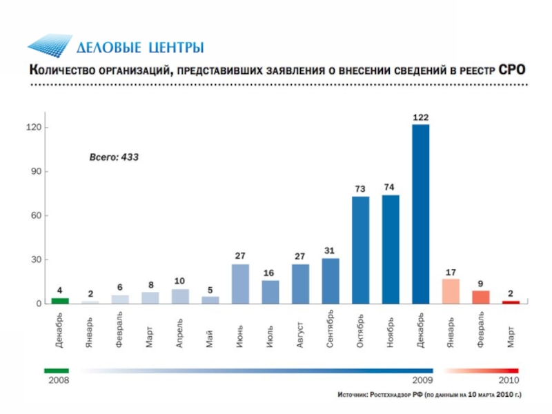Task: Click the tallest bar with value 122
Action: click(x=421, y=214)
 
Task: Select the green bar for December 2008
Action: click(x=60, y=301)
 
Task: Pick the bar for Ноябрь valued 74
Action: click(x=391, y=249)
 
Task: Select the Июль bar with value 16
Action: click(x=270, y=292)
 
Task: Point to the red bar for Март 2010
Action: click(x=511, y=302)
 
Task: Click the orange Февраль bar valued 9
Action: click(x=481, y=297)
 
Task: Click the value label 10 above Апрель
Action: click(x=179, y=281)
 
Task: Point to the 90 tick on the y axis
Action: click(x=34, y=171)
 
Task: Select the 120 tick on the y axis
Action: click(x=33, y=128)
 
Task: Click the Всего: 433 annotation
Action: click(x=115, y=157)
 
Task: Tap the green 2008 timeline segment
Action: click(x=57, y=371)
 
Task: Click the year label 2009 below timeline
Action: click(x=422, y=380)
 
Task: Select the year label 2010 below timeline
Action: click(x=508, y=380)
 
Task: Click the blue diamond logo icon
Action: click(x=50, y=46)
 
